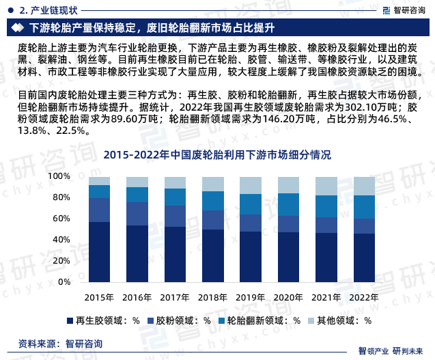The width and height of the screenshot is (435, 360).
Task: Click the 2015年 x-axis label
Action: coord(99,298)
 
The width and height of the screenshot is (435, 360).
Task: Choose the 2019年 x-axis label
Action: coord(250,298)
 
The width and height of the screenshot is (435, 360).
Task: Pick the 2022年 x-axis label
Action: coord(363,298)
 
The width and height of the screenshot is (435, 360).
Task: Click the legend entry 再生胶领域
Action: coord(102,320)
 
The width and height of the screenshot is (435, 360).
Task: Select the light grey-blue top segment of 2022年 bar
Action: coord(363,186)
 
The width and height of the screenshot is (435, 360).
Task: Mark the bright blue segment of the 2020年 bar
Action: coord(287,204)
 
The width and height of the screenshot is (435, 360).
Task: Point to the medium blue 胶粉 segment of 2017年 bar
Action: coord(175,216)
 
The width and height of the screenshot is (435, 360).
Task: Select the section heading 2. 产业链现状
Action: coord(46,10)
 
